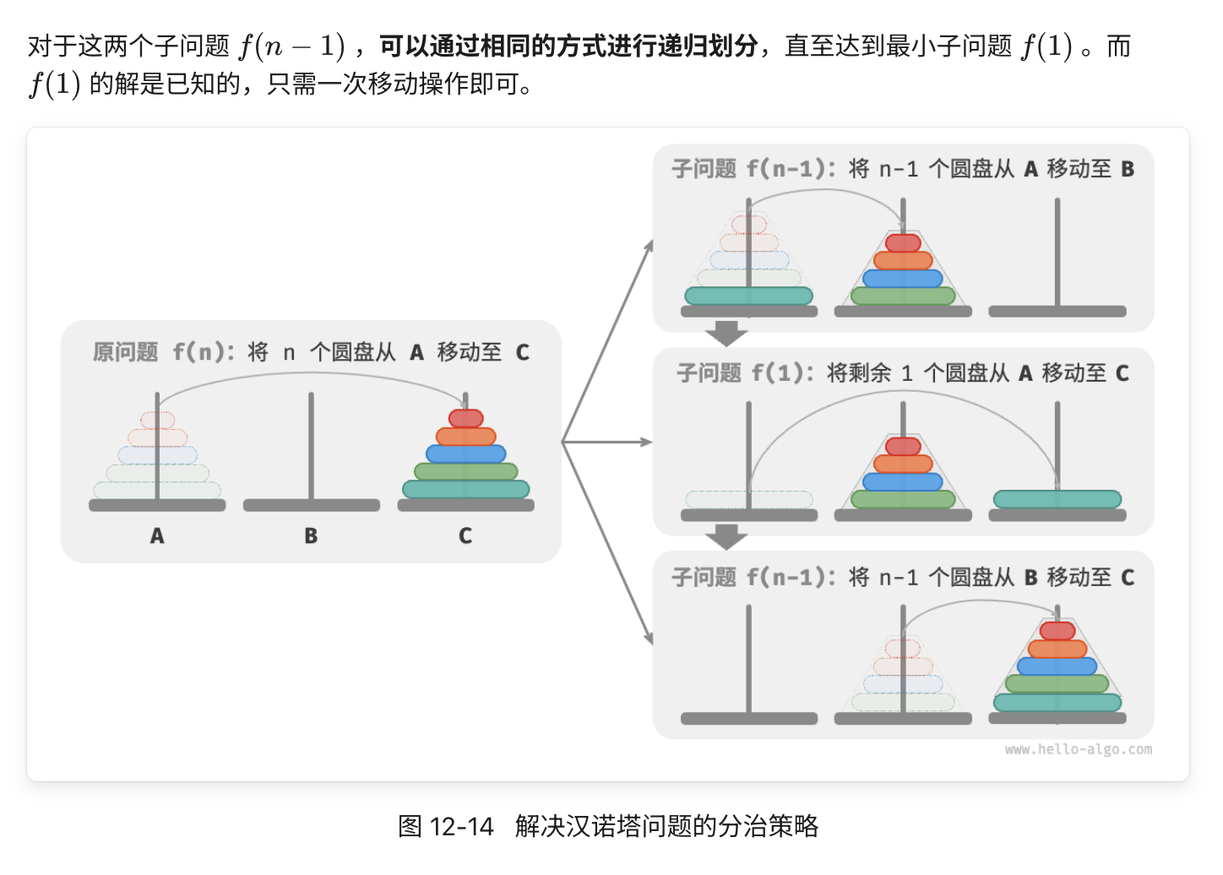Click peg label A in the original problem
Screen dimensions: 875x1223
tap(157, 535)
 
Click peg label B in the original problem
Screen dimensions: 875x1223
tap(311, 535)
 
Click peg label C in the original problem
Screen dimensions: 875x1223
tap(465, 535)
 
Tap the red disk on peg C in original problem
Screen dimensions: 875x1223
tap(465, 418)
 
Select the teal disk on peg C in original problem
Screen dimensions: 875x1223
tap(465, 489)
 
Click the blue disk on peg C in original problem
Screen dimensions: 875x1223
tap(465, 454)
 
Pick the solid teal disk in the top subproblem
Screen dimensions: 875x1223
tap(748, 296)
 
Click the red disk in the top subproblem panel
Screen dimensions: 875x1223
tap(903, 243)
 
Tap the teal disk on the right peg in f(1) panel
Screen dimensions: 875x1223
tap(1057, 499)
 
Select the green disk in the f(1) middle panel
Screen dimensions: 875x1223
tap(903, 499)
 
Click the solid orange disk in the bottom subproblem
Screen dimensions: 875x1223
tap(1057, 649)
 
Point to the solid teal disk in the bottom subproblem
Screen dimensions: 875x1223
tap(1057, 702)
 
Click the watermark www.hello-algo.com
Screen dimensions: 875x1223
tap(1078, 749)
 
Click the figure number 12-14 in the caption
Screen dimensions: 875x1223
tap(461, 826)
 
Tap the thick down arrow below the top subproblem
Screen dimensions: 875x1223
tap(726, 333)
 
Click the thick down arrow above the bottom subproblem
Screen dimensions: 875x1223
tap(726, 536)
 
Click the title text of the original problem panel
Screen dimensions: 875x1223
tap(311, 352)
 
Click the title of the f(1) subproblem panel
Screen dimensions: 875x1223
tap(902, 372)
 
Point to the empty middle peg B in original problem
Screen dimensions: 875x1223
tap(311, 448)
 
